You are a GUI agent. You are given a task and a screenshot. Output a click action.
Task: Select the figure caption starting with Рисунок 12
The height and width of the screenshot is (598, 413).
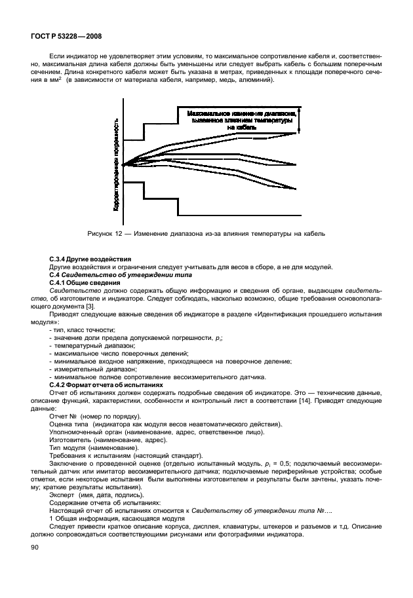[206, 233]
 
